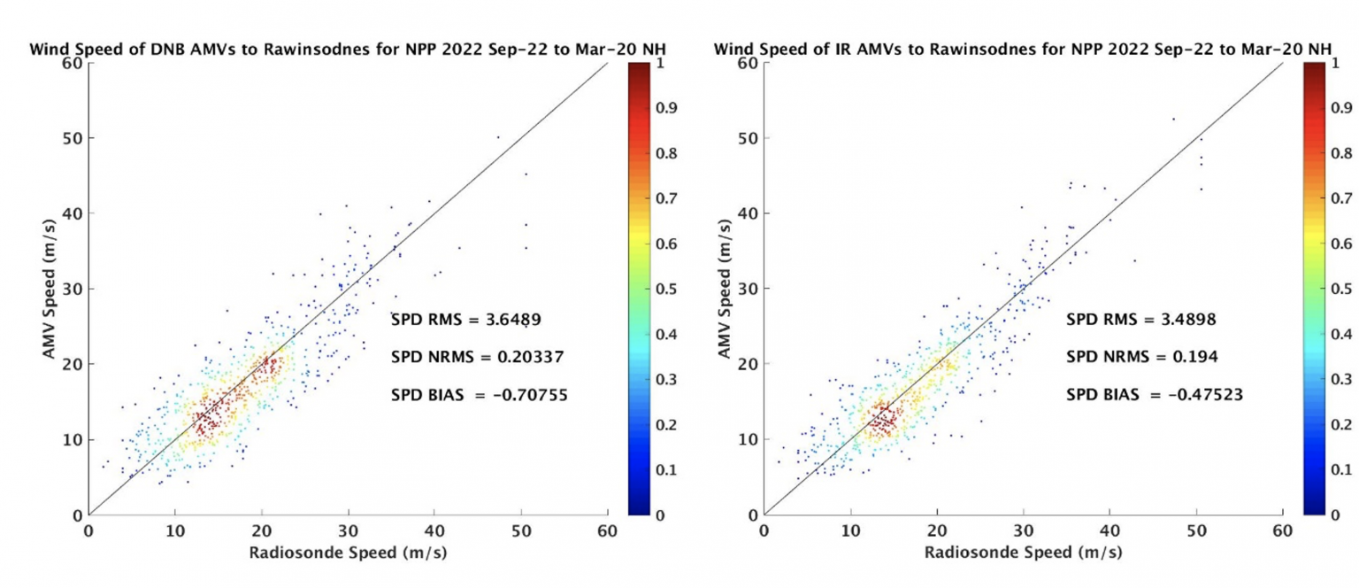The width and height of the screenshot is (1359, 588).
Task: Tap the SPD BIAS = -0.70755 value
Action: pyautogui.click(x=479, y=395)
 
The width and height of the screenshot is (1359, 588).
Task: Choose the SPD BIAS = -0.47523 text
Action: pyautogui.click(x=1154, y=395)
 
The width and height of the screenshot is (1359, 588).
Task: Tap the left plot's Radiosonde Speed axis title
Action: pyautogui.click(x=347, y=552)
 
